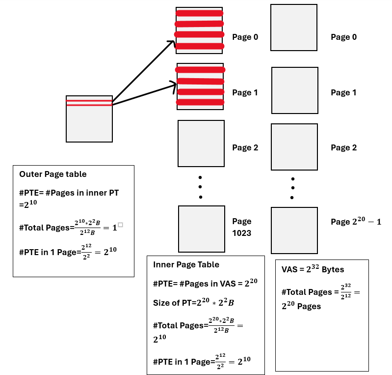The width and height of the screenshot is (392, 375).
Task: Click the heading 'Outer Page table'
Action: (x=52, y=174)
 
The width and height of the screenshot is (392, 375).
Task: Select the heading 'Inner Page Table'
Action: (x=186, y=264)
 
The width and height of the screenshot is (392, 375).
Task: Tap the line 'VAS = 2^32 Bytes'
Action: (x=313, y=269)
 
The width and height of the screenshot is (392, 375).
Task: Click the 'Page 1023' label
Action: (x=242, y=227)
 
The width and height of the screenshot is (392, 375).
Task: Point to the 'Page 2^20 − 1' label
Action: (x=356, y=222)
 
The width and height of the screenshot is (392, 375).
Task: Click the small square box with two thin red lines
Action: (x=89, y=119)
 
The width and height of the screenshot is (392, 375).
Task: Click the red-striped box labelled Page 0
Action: (x=199, y=30)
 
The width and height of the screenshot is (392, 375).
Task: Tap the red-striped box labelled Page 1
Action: (x=200, y=87)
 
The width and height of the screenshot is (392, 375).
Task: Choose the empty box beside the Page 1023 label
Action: (x=201, y=229)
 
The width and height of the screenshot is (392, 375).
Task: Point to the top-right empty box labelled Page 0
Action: (x=293, y=28)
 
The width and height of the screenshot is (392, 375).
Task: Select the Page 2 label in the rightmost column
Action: (x=344, y=147)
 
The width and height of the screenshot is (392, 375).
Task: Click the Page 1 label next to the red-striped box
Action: (x=245, y=92)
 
